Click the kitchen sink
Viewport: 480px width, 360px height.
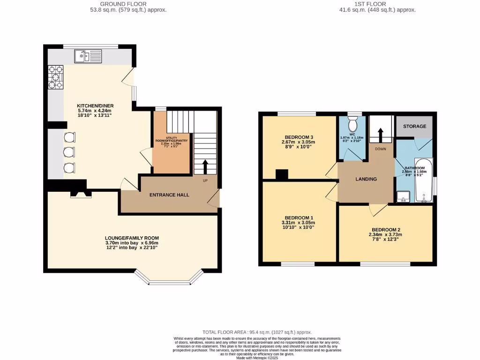[88, 56]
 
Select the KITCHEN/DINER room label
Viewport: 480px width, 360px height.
[95, 106]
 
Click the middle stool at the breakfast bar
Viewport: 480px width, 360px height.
[69, 152]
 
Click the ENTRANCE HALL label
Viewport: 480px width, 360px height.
[169, 195]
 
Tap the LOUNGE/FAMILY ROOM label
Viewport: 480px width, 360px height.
[132, 238]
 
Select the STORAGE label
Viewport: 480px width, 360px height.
[415, 126]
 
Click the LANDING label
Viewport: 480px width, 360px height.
[366, 179]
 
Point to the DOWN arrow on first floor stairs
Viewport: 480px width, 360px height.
[380, 135]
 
